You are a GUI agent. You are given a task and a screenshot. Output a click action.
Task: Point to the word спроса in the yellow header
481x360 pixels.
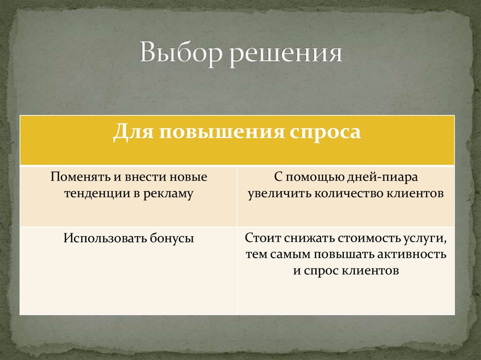point(325,132)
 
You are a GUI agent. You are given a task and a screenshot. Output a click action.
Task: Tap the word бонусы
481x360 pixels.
point(172,238)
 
